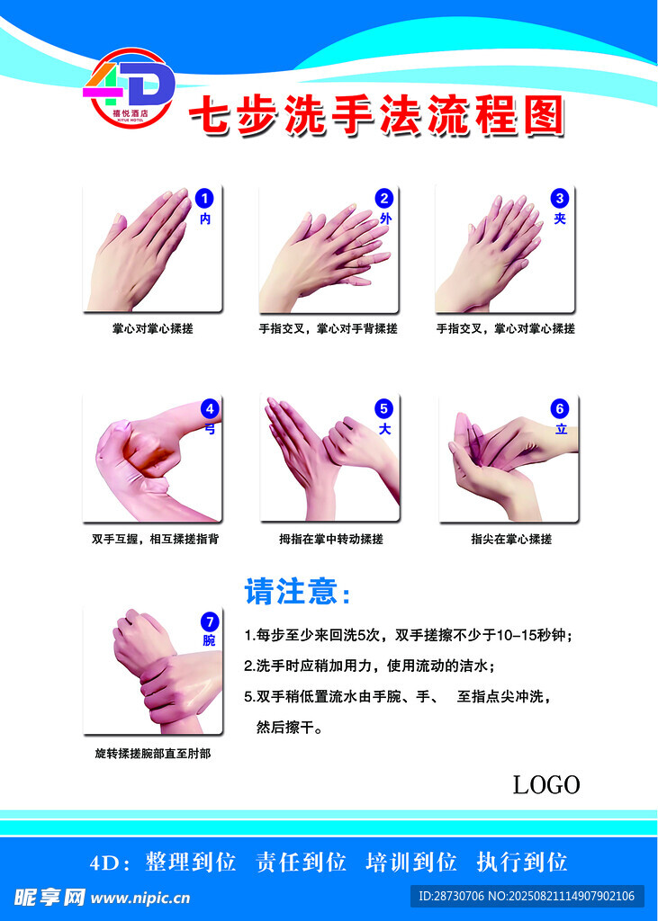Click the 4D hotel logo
[130, 88]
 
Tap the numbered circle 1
[204, 199]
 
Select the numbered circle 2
[384, 199]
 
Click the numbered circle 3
[559, 199]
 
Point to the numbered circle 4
[210, 408]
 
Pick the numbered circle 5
[384, 408]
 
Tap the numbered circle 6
[560, 408]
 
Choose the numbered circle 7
[210, 621]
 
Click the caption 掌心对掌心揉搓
[153, 329]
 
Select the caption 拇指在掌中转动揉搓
[331, 539]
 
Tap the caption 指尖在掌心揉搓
[511, 539]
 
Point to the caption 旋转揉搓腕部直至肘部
[153, 754]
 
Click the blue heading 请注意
[298, 592]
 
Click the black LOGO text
[546, 784]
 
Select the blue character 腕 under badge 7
[210, 640]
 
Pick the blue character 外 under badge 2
[385, 219]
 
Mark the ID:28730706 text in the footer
[451, 897]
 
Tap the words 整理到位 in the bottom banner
[191, 863]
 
